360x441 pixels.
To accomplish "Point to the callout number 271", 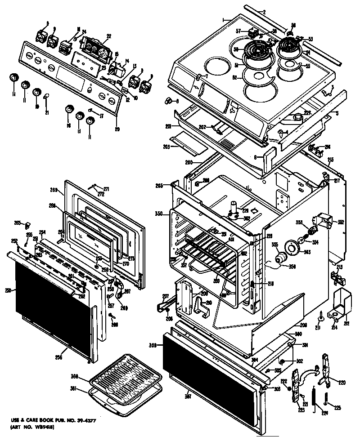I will point(106,188).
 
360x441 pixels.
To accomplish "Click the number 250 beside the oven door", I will point(7,290).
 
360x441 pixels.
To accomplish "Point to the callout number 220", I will point(342,383).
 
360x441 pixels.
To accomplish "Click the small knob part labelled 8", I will point(170,100).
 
